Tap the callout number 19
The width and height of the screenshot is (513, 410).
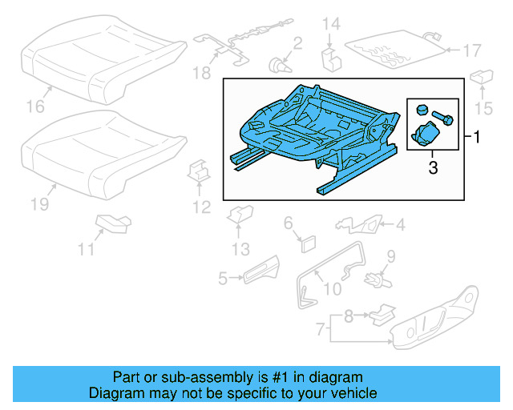[x=39, y=205]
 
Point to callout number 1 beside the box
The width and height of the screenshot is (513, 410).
[x=478, y=138]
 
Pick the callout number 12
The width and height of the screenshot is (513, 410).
[x=200, y=207]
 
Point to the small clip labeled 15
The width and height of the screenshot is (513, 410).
[x=481, y=78]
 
